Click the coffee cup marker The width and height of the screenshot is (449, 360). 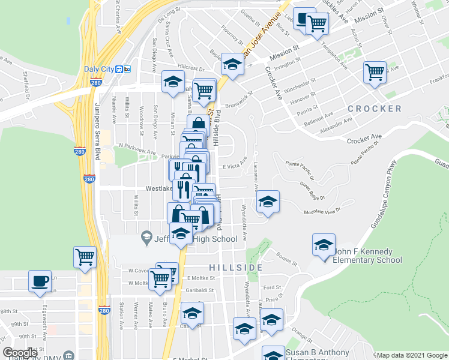40,281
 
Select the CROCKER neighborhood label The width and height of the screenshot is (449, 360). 374,109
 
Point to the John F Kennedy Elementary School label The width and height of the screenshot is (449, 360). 367,256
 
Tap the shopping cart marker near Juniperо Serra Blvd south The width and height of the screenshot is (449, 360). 85,257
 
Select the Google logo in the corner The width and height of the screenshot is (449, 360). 20,353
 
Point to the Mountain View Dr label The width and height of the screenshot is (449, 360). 322,211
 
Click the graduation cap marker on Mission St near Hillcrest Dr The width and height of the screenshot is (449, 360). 232,64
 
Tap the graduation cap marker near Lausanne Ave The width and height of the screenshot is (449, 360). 268,202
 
